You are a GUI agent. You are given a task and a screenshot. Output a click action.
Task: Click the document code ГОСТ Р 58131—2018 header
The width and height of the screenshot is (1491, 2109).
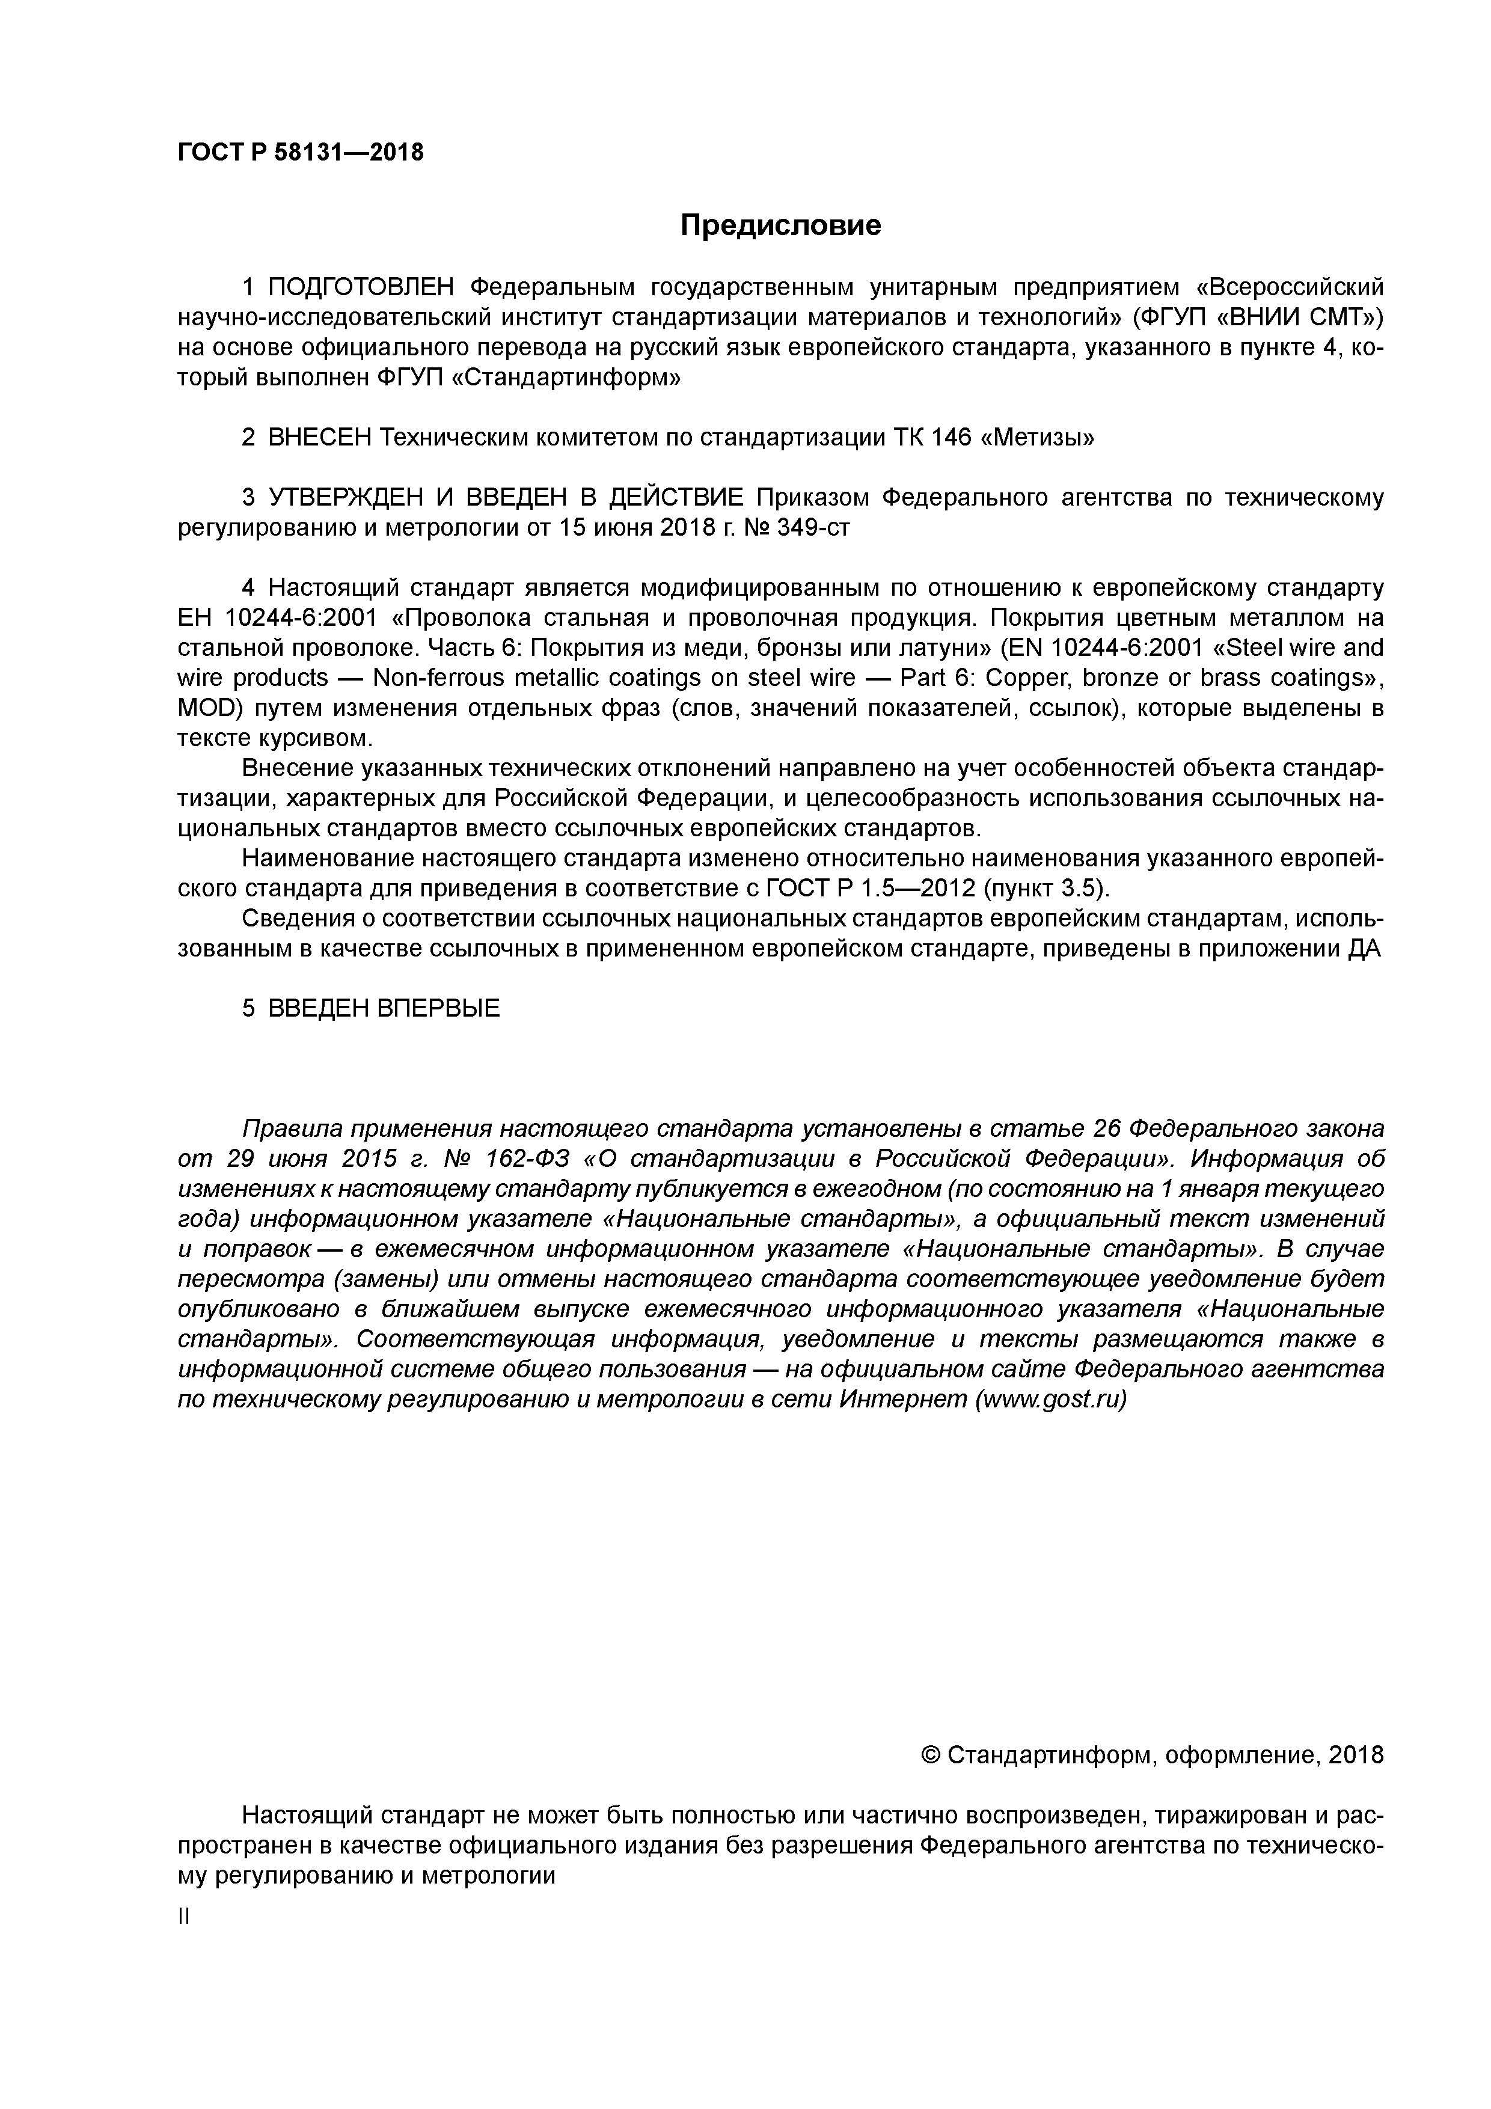point(301,153)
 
